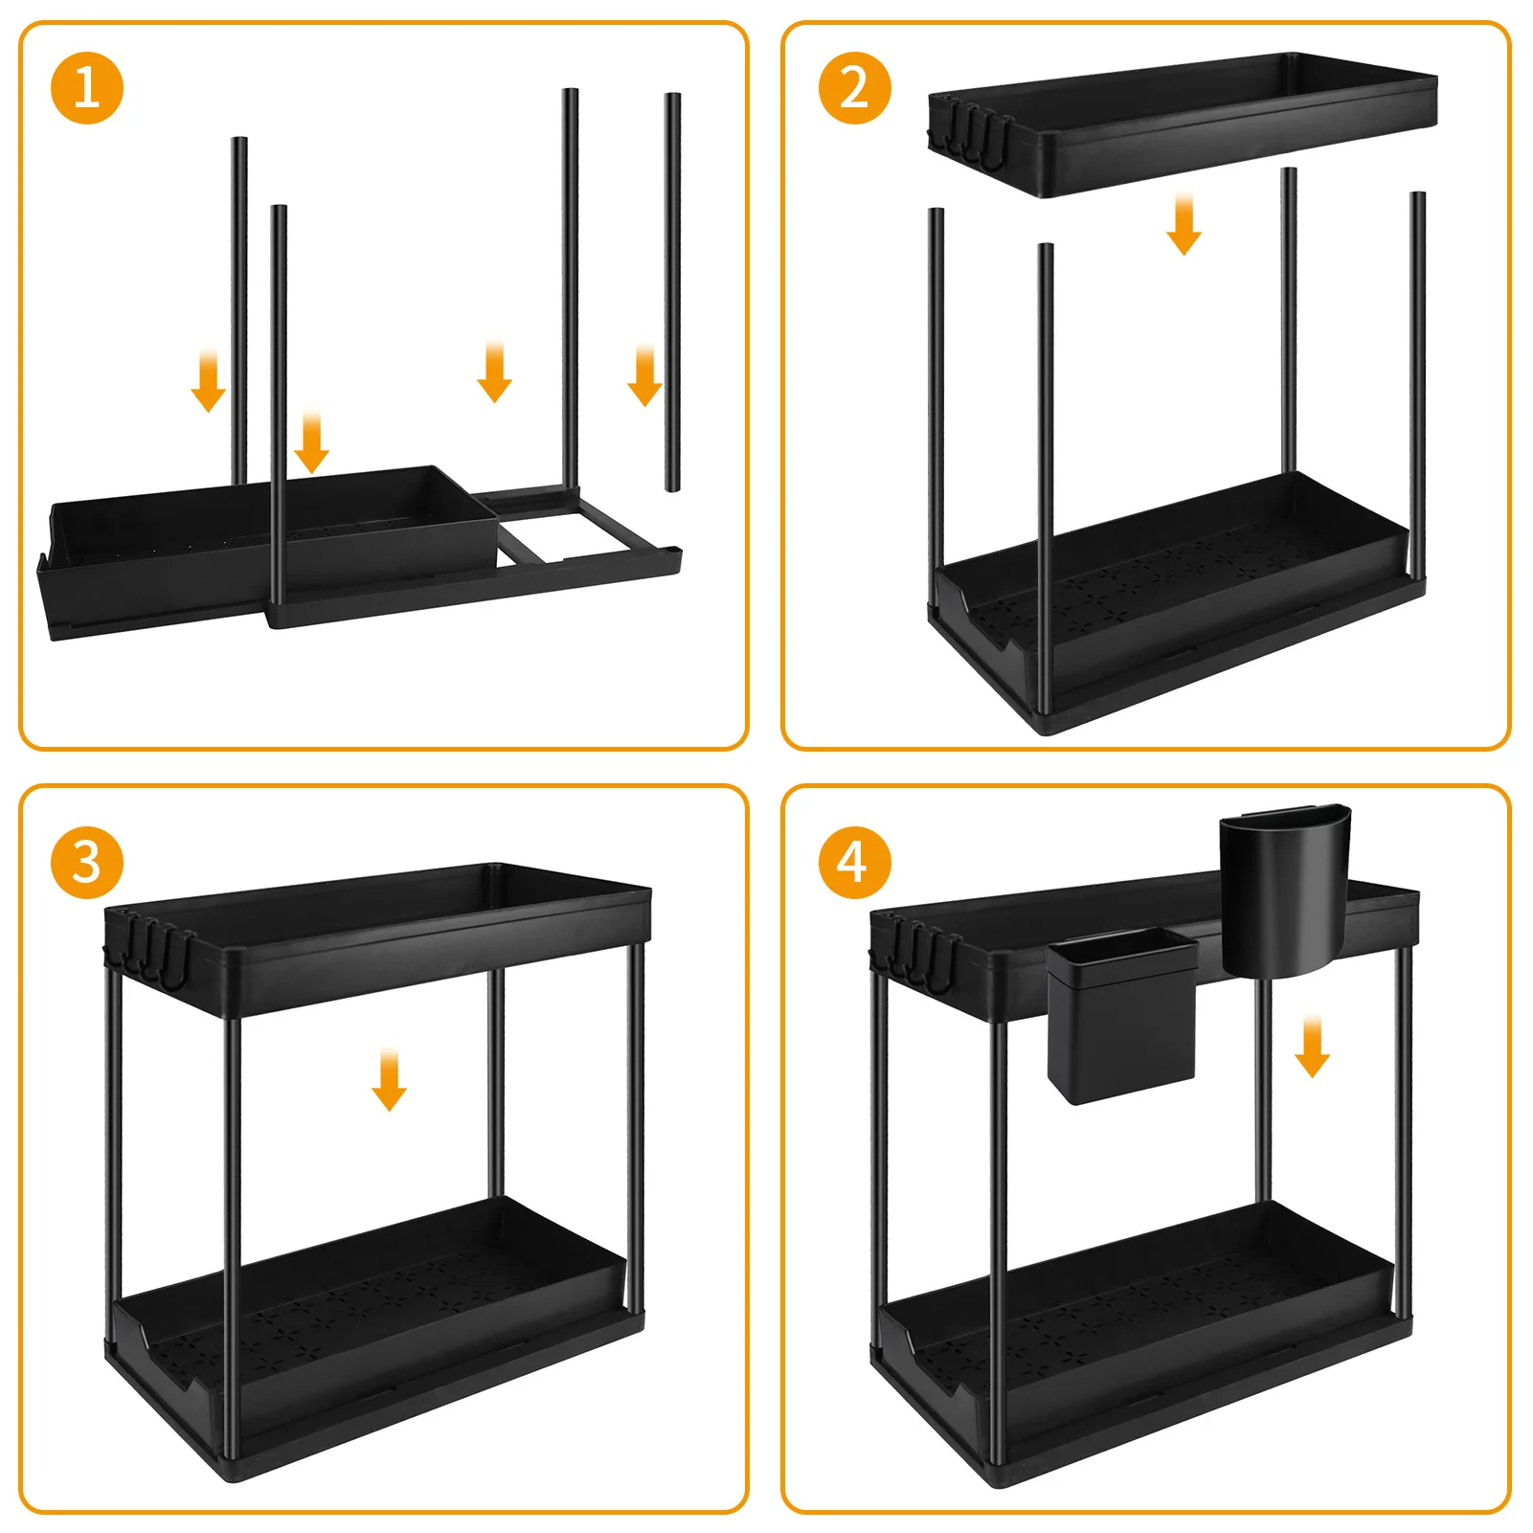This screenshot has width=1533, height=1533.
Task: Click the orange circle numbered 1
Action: point(87,88)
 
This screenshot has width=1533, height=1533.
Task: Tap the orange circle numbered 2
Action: point(854,88)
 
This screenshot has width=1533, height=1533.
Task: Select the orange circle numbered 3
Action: point(87,862)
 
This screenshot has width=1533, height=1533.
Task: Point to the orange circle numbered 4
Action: point(854,862)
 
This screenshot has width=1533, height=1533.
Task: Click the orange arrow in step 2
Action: point(1184,224)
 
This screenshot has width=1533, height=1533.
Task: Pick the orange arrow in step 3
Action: point(389,1080)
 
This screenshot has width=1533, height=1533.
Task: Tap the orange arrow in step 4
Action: point(1312,1048)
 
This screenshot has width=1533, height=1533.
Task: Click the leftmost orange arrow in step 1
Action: point(209,380)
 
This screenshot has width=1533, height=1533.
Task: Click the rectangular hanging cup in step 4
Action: point(1122,1015)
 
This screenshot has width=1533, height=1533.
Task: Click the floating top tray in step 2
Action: point(1183,124)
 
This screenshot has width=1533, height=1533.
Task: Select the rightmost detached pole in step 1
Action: point(672,292)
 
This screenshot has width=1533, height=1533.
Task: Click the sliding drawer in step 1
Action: point(268,551)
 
